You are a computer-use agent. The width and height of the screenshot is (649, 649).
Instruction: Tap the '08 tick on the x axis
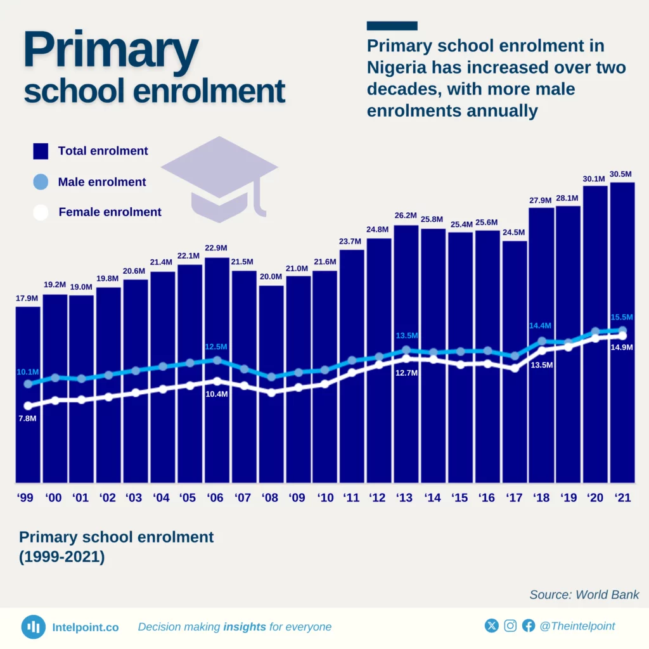click(x=271, y=498)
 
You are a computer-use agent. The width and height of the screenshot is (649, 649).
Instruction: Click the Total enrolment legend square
click(x=41, y=151)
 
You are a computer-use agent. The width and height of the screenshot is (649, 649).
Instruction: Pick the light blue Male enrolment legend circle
click(x=41, y=182)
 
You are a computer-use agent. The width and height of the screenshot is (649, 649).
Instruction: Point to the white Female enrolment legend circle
click(x=41, y=212)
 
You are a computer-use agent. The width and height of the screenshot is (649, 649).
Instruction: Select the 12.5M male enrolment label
click(x=216, y=347)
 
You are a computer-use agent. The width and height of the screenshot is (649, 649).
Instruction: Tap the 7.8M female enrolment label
click(x=27, y=419)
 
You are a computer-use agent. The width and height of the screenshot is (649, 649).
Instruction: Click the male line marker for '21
click(x=622, y=330)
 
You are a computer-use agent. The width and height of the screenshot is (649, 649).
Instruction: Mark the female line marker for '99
click(x=28, y=406)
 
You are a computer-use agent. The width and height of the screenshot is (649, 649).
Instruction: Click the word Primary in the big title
click(x=111, y=52)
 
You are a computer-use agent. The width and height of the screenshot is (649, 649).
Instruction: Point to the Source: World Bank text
click(x=584, y=594)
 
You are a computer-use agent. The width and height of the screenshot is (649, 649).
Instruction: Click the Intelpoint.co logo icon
click(x=33, y=627)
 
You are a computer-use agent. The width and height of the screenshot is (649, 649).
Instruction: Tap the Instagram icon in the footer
click(x=510, y=626)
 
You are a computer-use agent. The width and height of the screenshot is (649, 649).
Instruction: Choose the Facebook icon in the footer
click(x=529, y=626)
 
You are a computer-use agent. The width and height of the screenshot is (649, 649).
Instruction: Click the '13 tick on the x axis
click(x=406, y=498)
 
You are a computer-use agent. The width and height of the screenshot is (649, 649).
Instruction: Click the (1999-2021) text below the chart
click(x=61, y=558)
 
